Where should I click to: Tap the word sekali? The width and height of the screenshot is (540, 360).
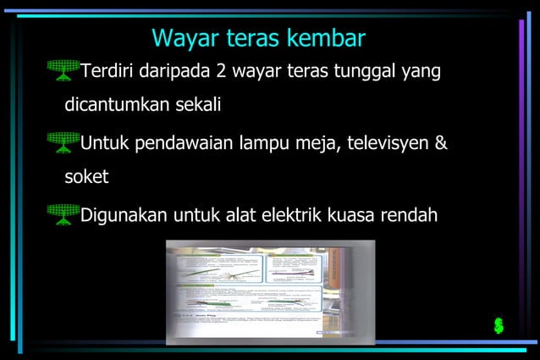click(198, 106)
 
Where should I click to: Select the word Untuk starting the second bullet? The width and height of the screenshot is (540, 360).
click(104, 142)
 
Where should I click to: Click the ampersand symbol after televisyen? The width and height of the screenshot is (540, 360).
click(440, 142)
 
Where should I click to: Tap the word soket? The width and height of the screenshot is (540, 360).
click(86, 179)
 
